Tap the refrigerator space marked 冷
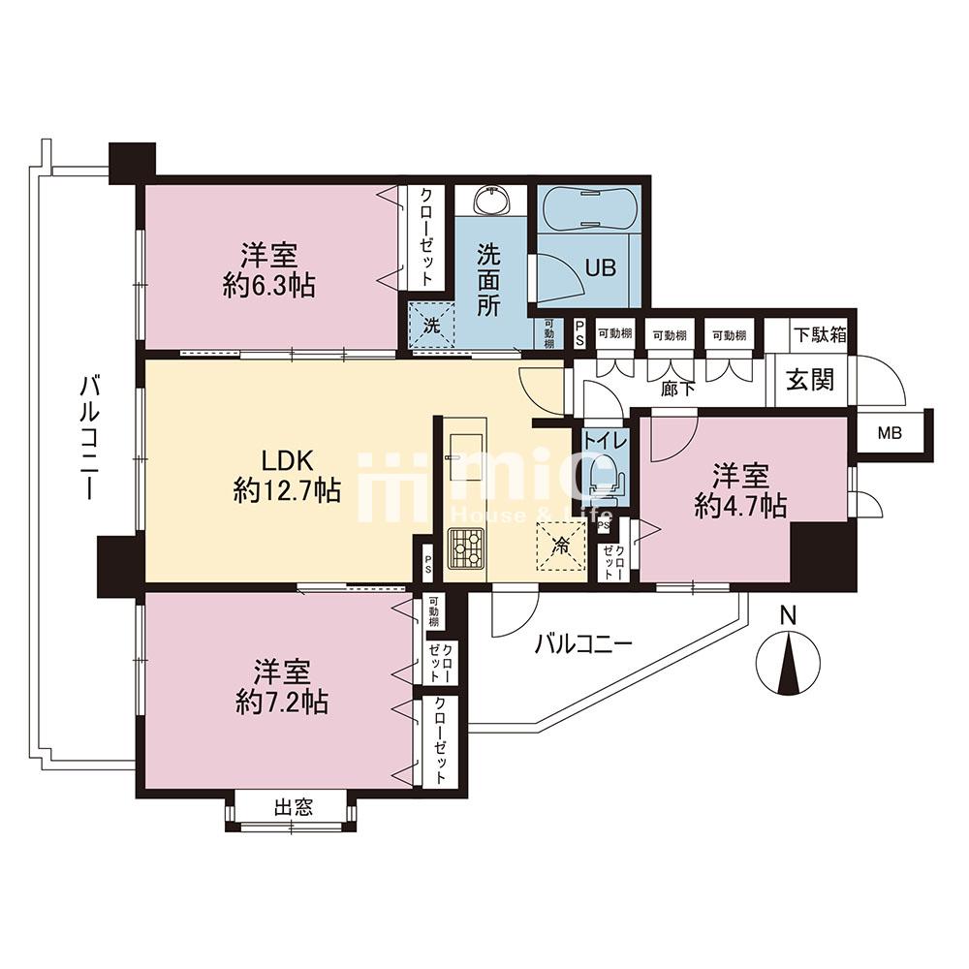point(560,547)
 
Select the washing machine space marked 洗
point(431,325)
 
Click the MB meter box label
point(890,433)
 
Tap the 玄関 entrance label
point(809,380)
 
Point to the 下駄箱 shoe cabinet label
point(820,334)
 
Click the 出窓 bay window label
point(294,807)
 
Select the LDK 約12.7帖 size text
point(288,476)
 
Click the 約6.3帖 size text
point(268,286)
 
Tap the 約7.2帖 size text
point(282,703)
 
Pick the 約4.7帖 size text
point(740,506)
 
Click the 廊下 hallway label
point(678,390)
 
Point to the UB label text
point(600,268)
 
